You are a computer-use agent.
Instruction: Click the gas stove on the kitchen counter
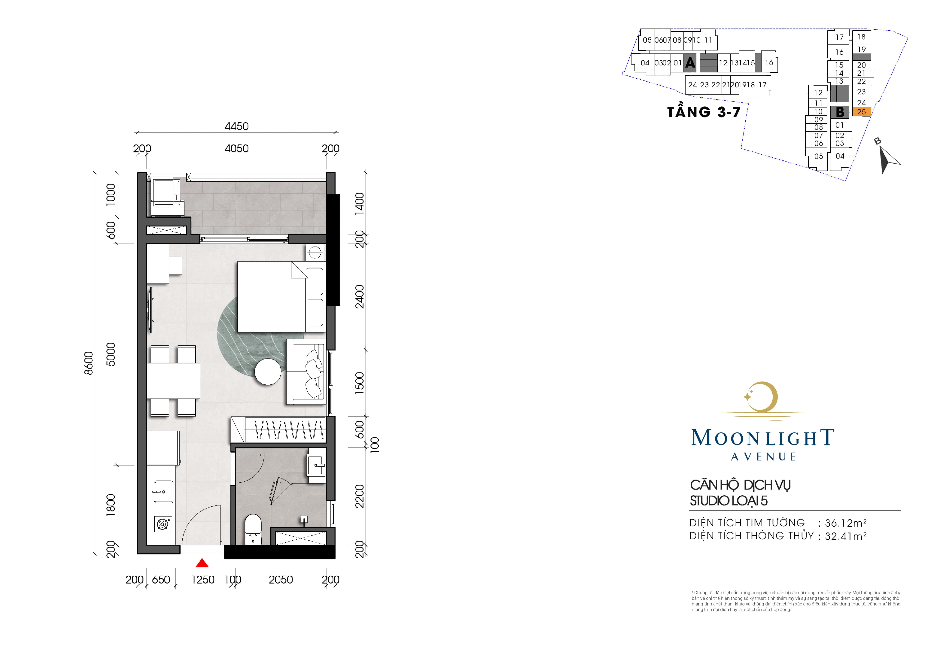[x=163, y=524]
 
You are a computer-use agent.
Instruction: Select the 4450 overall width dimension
[x=236, y=126]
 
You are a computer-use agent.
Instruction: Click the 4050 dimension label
[x=236, y=148]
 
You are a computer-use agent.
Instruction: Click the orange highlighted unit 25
[x=861, y=111]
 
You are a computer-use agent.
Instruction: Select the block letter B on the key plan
[x=840, y=112]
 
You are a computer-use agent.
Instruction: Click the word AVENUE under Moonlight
[x=764, y=457]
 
